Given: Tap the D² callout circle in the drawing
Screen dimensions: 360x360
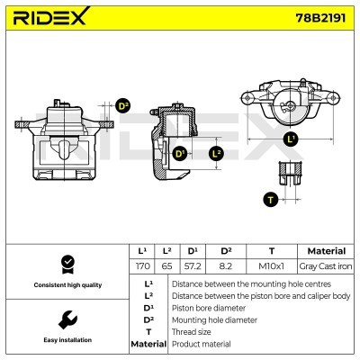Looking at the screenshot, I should coord(124,105).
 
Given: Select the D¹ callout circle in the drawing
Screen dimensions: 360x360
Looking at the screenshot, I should coord(179,154).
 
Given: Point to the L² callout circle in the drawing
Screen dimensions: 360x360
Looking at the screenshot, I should coord(217,154).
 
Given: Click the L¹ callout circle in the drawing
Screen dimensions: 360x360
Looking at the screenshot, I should coord(290,139).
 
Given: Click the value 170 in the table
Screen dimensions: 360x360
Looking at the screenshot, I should coord(141,266).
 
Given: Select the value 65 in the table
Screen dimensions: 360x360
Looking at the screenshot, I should coord(166,266).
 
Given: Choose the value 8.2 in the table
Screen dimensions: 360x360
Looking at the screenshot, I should coord(225,266).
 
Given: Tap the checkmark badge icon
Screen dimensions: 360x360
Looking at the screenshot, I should coord(66,263).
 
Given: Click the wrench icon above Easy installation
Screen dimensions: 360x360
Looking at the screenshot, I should coord(66,319).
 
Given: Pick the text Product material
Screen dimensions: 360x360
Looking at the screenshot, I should coord(201,344).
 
